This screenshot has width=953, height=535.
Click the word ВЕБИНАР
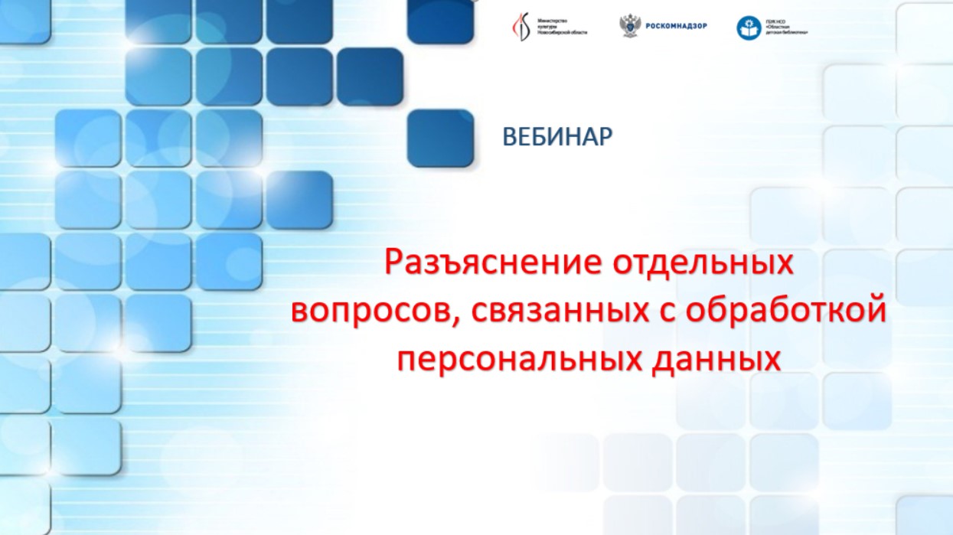557,137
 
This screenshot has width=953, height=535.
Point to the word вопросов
370,312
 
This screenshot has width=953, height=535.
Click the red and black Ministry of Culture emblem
521,28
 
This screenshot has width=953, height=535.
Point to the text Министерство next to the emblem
554,21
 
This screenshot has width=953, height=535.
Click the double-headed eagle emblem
630,26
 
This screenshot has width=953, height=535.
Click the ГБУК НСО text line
776,22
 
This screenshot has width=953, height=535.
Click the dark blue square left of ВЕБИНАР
440,138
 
